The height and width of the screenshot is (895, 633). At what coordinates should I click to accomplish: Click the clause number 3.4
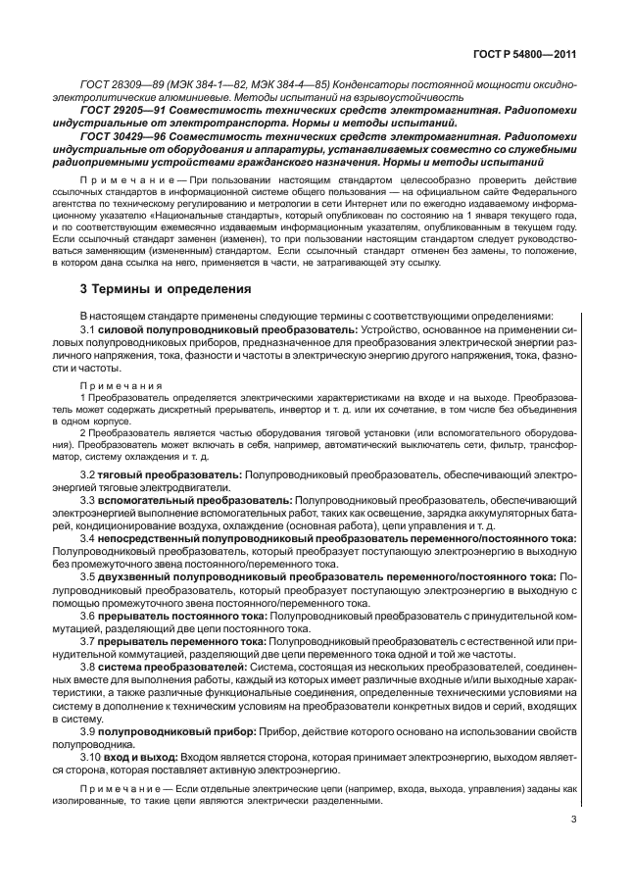click(88, 538)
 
